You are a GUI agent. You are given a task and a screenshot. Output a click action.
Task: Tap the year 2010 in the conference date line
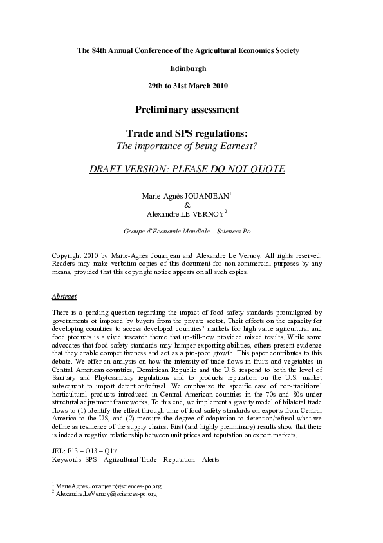pyautogui.click(x=217, y=85)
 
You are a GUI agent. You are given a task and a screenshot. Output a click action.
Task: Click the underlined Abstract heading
pyautogui.click(x=64, y=297)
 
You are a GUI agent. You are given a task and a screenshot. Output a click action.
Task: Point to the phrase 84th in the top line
pyautogui.click(x=96, y=50)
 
